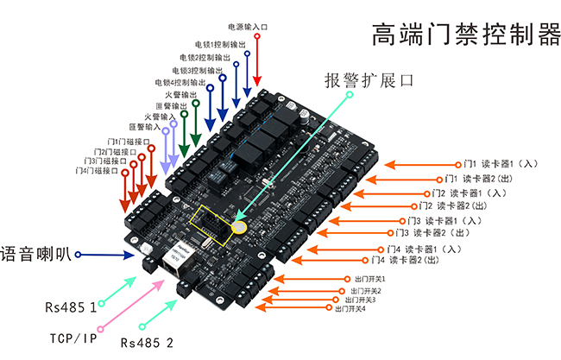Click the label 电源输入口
248,28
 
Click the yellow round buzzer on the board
239,227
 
